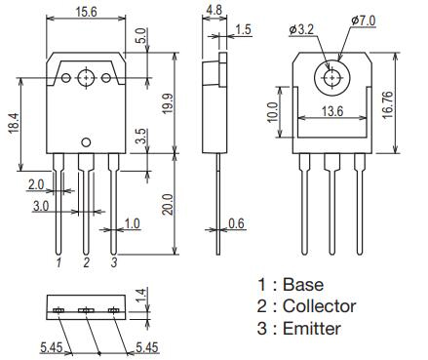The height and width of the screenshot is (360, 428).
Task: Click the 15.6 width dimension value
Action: pyautogui.click(x=86, y=12)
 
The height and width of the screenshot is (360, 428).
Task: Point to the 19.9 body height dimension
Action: pyautogui.click(x=168, y=103)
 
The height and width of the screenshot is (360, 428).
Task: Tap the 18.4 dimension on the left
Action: pyautogui.click(x=15, y=123)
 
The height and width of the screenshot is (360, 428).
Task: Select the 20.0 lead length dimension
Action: pyautogui.click(x=168, y=204)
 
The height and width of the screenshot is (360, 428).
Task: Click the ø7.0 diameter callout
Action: pyautogui.click(x=363, y=20)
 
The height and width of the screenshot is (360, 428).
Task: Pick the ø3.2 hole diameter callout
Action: pyautogui.click(x=301, y=30)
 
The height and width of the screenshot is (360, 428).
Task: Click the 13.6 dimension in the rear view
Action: pyautogui.click(x=332, y=111)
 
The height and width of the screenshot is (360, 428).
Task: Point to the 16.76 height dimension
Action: pyautogui.click(x=388, y=104)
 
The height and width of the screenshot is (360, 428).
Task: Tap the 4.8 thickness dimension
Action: pyautogui.click(x=214, y=10)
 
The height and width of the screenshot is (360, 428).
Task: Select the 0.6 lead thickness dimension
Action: pyautogui.click(x=236, y=223)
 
